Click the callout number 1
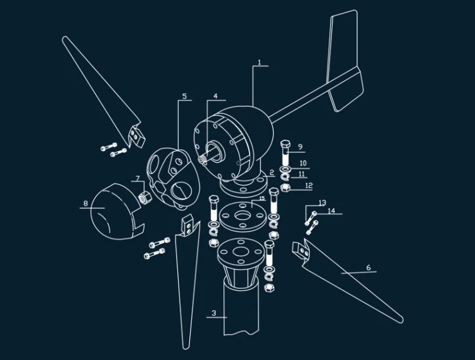pyautogui.click(x=259, y=62)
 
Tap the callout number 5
pyautogui.click(x=184, y=97)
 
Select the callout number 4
pyautogui.click(x=215, y=96)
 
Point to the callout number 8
pyautogui.click(x=85, y=203)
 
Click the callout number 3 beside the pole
pyautogui.click(x=214, y=313)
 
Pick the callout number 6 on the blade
pyautogui.click(x=369, y=268)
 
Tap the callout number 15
pyautogui.click(x=262, y=199)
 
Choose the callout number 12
pyautogui.click(x=308, y=185)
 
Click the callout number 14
pyautogui.click(x=332, y=211)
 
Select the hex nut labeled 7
pyautogui.click(x=145, y=198)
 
